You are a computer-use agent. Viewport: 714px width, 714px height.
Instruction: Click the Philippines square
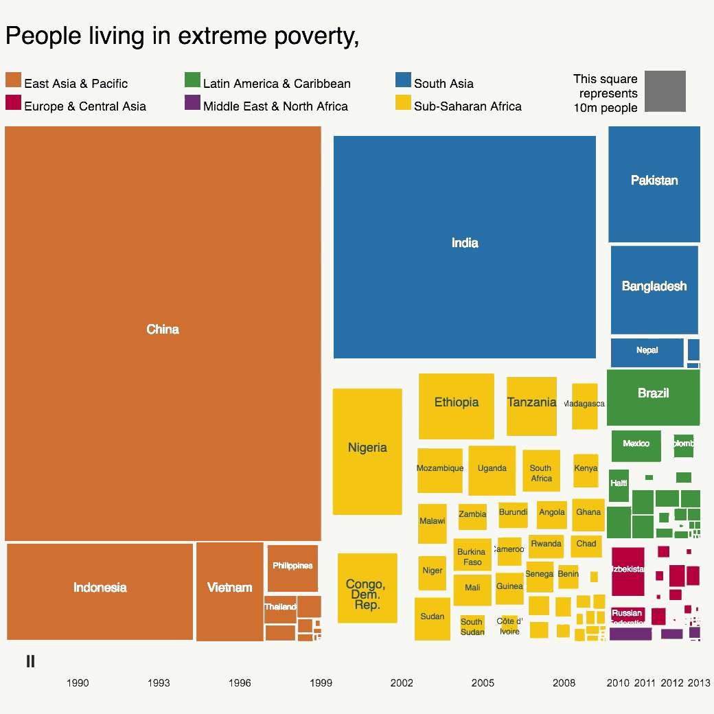point(292,568)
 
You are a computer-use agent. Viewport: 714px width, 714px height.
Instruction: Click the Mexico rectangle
point(636,446)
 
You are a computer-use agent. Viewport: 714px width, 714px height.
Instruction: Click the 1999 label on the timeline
point(321,683)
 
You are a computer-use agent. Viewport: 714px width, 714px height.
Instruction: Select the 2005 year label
point(483,683)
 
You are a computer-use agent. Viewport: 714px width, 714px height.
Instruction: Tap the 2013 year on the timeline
point(699,683)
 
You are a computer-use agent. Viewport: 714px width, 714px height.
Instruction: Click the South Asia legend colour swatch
point(403,80)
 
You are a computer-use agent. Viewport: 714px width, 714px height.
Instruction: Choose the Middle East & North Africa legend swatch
point(192,103)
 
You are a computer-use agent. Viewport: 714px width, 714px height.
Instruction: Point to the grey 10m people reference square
point(665,91)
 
